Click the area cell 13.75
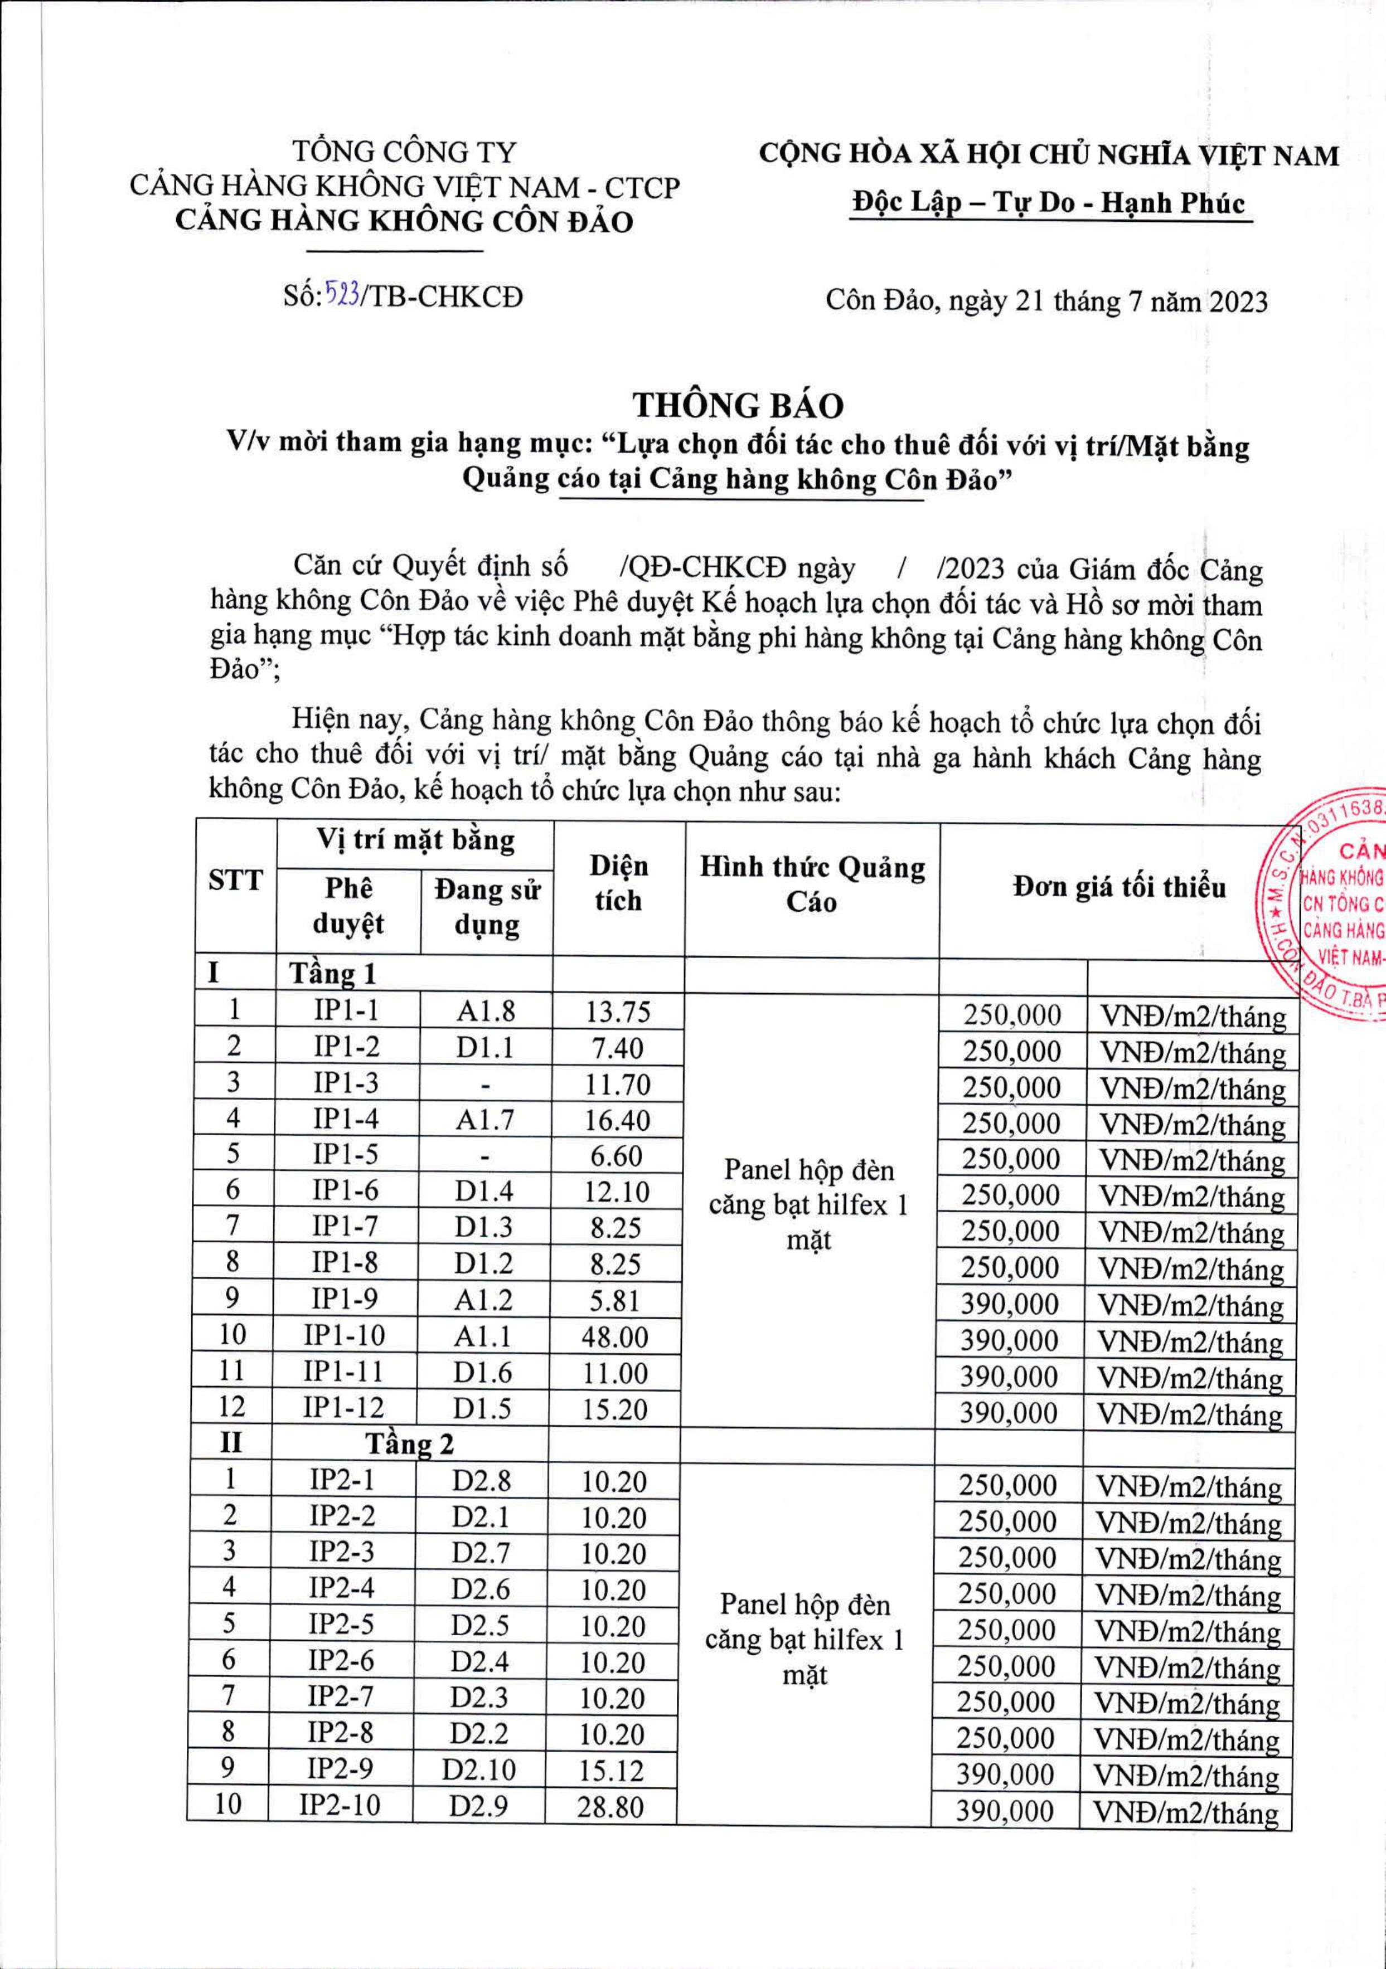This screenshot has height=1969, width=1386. click(618, 1013)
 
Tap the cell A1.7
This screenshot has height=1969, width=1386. click(486, 1119)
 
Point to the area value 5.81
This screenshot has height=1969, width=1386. click(616, 1301)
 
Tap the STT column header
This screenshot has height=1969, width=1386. click(235, 881)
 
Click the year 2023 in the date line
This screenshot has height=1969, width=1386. click(1238, 302)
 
